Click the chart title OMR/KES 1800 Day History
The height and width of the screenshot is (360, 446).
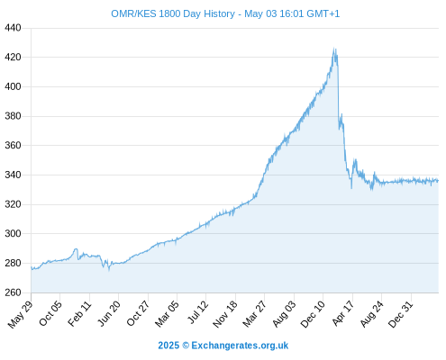pos(173,13)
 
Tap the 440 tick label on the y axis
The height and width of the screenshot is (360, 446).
pos(13,28)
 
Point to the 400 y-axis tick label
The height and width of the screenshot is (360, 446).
pos(13,86)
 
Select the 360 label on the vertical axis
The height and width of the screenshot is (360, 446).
pos(13,146)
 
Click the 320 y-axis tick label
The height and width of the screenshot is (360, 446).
pos(13,204)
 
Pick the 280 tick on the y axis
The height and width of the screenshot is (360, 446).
pos(13,263)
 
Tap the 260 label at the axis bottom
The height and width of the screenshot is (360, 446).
pos(13,292)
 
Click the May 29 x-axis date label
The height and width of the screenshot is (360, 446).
pos(21,314)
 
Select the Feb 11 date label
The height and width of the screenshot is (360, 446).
pos(79,313)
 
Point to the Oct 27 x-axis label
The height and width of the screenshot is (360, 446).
pos(138,313)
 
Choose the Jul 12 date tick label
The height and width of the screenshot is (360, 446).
pos(197,312)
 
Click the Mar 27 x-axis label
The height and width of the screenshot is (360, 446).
pos(255,314)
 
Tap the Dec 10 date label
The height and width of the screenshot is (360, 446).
pos(313,314)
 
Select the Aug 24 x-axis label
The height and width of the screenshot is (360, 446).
pos(372,314)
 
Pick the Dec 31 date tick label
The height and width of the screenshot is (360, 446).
pos(401,314)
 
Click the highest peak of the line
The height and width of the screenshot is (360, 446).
pos(333,48)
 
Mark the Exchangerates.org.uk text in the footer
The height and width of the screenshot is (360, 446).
pos(240,346)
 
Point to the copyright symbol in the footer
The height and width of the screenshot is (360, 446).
pos(186,346)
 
